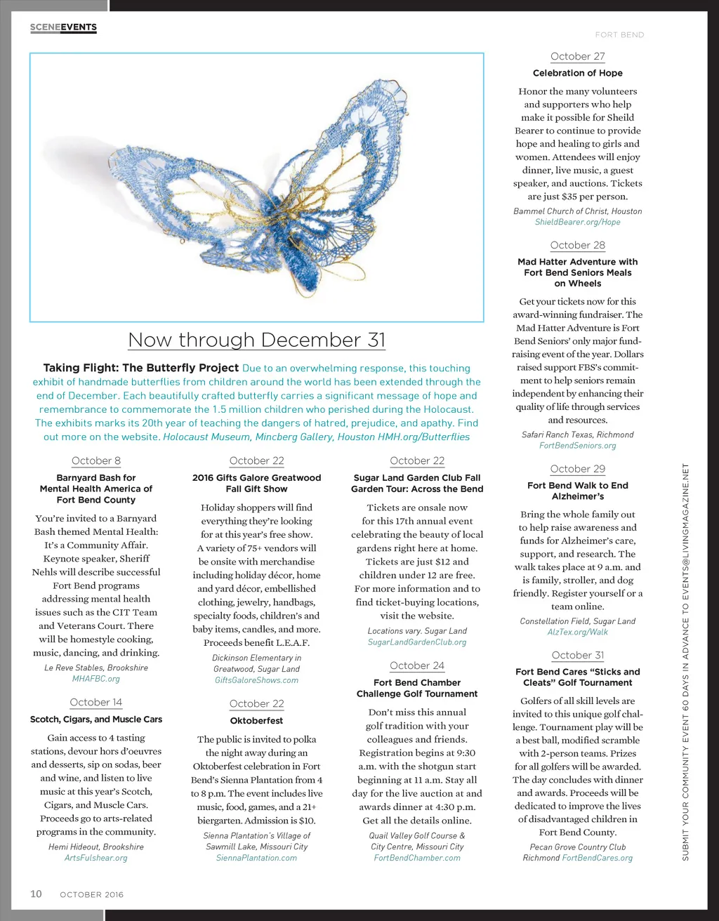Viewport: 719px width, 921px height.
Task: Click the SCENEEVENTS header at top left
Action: tap(63, 27)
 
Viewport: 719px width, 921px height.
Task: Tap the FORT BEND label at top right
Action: tap(619, 34)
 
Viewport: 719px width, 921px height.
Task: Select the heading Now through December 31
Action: tap(257, 340)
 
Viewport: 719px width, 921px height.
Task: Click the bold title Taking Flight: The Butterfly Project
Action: tap(141, 368)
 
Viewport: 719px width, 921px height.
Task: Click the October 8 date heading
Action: tap(96, 461)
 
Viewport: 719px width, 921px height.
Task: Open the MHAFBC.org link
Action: tap(96, 679)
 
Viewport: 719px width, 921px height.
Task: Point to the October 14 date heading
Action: tap(96, 703)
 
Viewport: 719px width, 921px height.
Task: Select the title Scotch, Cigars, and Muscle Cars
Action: tap(96, 720)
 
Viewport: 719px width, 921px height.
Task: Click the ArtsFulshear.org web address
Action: tap(96, 858)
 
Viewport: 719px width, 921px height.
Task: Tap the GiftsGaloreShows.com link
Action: tap(256, 680)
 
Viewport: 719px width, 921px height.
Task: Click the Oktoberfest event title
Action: tap(256, 721)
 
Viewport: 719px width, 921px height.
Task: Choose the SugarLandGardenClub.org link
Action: tap(417, 642)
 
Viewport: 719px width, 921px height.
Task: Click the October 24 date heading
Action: tap(417, 666)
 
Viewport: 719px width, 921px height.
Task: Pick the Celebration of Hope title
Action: tap(577, 73)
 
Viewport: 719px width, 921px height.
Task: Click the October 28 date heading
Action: tap(577, 246)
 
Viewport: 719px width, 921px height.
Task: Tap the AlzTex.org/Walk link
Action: tap(577, 632)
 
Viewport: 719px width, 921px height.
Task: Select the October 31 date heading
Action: tap(577, 656)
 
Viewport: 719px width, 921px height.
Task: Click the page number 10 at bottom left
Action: tap(36, 894)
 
